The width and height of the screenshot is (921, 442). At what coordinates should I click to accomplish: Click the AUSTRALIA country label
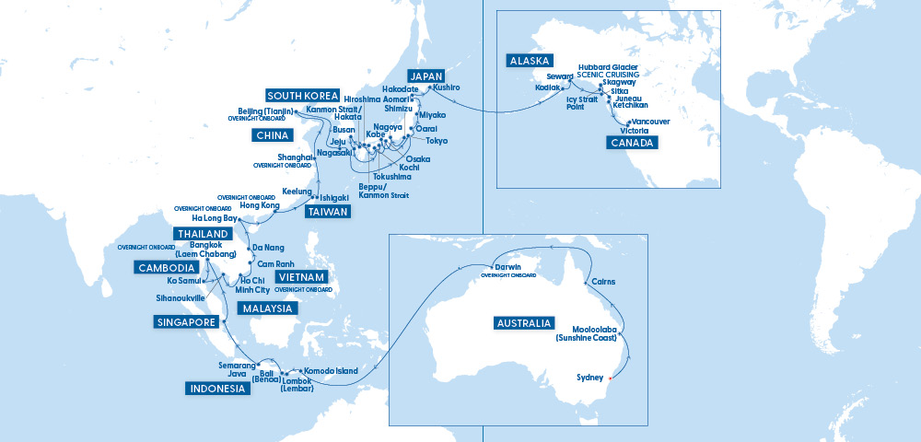pos(524,323)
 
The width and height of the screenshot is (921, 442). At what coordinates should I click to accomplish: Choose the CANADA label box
pos(632,143)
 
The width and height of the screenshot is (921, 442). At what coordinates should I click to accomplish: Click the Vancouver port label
pos(651,122)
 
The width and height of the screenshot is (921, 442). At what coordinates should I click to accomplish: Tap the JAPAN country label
pos(426,76)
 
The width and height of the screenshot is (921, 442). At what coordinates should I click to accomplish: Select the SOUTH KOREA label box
pos(303,96)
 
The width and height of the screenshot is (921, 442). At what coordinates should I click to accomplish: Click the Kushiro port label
pos(446,87)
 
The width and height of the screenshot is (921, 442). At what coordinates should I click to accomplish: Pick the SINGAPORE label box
pos(186,322)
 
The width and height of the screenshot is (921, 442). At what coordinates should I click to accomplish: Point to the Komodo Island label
pos(331,371)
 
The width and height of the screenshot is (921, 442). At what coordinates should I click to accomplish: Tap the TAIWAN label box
pos(328,212)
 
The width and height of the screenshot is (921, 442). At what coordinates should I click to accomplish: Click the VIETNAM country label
pos(300,277)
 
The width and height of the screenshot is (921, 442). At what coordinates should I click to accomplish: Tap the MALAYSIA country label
pos(267,308)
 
